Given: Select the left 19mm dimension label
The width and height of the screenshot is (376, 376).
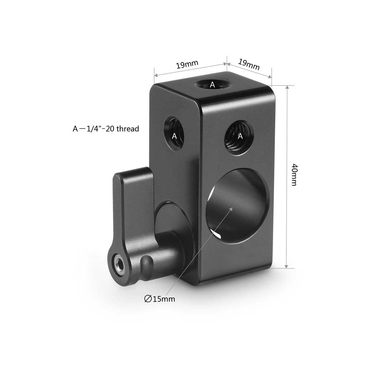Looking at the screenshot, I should (x=187, y=65).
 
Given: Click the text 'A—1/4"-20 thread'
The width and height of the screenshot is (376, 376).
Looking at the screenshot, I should (x=106, y=129).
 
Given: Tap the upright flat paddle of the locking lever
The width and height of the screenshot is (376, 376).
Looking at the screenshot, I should (x=132, y=188).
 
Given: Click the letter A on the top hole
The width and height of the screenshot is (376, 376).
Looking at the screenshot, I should (x=212, y=85).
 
